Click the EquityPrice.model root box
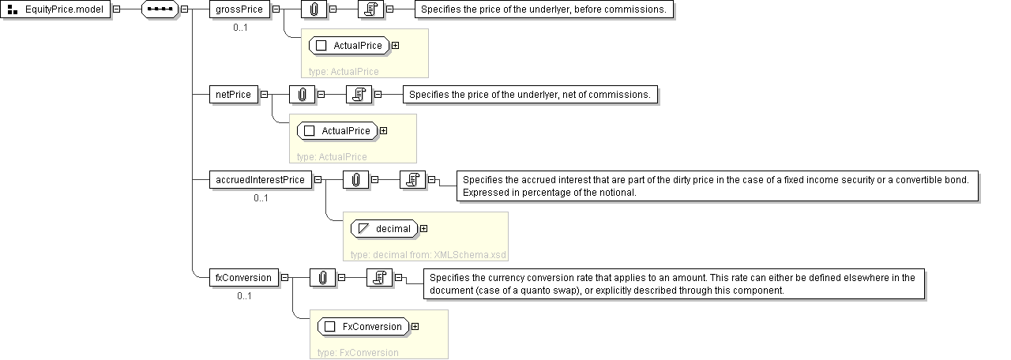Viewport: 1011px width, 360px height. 57,9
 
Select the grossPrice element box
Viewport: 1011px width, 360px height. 239,9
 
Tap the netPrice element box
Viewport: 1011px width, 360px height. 233,95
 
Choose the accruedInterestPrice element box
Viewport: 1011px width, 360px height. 260,180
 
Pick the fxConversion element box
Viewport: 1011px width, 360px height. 244,278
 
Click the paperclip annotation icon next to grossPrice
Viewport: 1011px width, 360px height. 314,9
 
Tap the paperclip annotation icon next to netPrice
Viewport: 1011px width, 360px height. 302,95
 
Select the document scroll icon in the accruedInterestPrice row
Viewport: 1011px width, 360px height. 412,180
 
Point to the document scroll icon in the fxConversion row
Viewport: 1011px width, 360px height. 379,278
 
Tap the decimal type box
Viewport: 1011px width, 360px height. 385,229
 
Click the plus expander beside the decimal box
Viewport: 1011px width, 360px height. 424,229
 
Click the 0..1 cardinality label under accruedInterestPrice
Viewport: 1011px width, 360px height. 261,198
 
